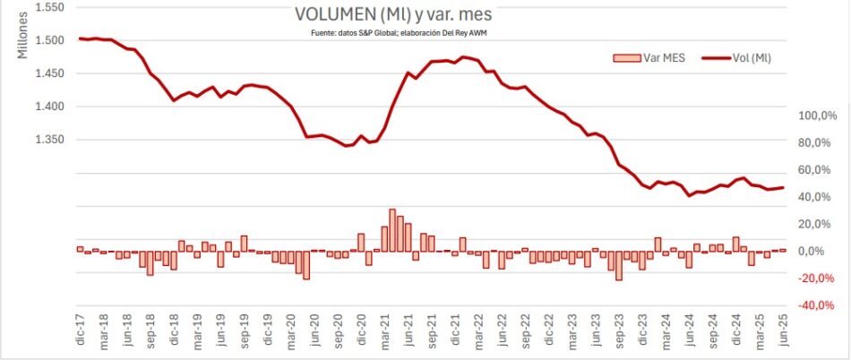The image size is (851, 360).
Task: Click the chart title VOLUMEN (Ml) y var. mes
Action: point(393,15)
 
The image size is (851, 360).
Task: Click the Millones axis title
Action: point(23,37)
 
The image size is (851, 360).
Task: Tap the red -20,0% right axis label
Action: point(816,279)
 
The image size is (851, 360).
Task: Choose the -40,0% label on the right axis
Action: point(816,305)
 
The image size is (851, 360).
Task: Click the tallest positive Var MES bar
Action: point(392,229)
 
